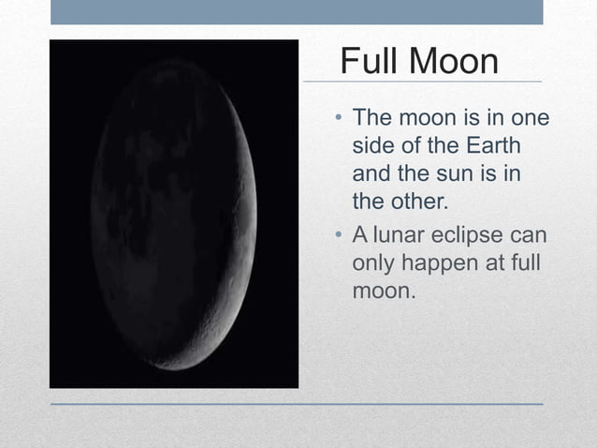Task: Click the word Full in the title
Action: pyautogui.click(x=369, y=62)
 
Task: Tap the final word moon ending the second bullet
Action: pyautogui.click(x=381, y=291)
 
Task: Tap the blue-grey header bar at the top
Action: pyautogui.click(x=296, y=11)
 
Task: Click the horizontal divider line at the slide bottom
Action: pyautogui.click(x=296, y=404)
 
